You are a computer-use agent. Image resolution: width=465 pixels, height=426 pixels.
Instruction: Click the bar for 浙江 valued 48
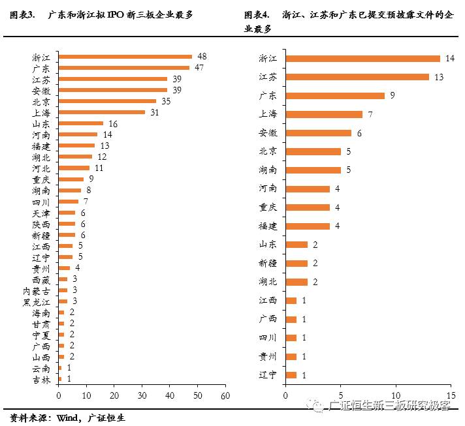(x=125, y=57)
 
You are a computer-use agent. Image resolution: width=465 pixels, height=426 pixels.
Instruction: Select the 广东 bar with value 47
(x=123, y=67)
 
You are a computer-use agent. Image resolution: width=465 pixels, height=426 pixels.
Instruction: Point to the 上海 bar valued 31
(x=101, y=112)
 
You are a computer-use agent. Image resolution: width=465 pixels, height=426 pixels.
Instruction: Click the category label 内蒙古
(x=36, y=290)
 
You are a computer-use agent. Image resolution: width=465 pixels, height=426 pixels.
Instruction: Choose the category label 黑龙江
(x=36, y=301)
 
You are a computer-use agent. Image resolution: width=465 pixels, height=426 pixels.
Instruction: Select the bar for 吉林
(x=60, y=379)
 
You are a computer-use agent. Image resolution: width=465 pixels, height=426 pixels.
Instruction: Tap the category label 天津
(x=40, y=213)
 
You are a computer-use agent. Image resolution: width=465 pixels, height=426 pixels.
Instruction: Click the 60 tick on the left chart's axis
(x=225, y=396)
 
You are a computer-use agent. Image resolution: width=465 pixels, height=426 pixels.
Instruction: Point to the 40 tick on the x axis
(x=169, y=396)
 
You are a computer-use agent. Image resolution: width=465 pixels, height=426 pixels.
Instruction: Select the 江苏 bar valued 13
(x=357, y=77)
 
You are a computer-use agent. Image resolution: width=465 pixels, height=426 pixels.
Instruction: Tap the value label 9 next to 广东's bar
(x=392, y=96)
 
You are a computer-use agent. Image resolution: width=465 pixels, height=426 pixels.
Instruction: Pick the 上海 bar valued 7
(x=324, y=114)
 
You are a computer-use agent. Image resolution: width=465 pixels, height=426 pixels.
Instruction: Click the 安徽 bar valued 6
(x=318, y=133)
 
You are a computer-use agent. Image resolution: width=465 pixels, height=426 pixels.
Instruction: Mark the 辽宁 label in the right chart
(x=268, y=375)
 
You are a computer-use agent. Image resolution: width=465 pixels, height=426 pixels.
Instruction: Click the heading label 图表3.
(x=22, y=14)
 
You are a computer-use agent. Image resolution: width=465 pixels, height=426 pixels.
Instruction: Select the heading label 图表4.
(x=257, y=14)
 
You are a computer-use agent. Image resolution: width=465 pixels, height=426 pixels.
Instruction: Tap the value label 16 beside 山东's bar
(x=113, y=123)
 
